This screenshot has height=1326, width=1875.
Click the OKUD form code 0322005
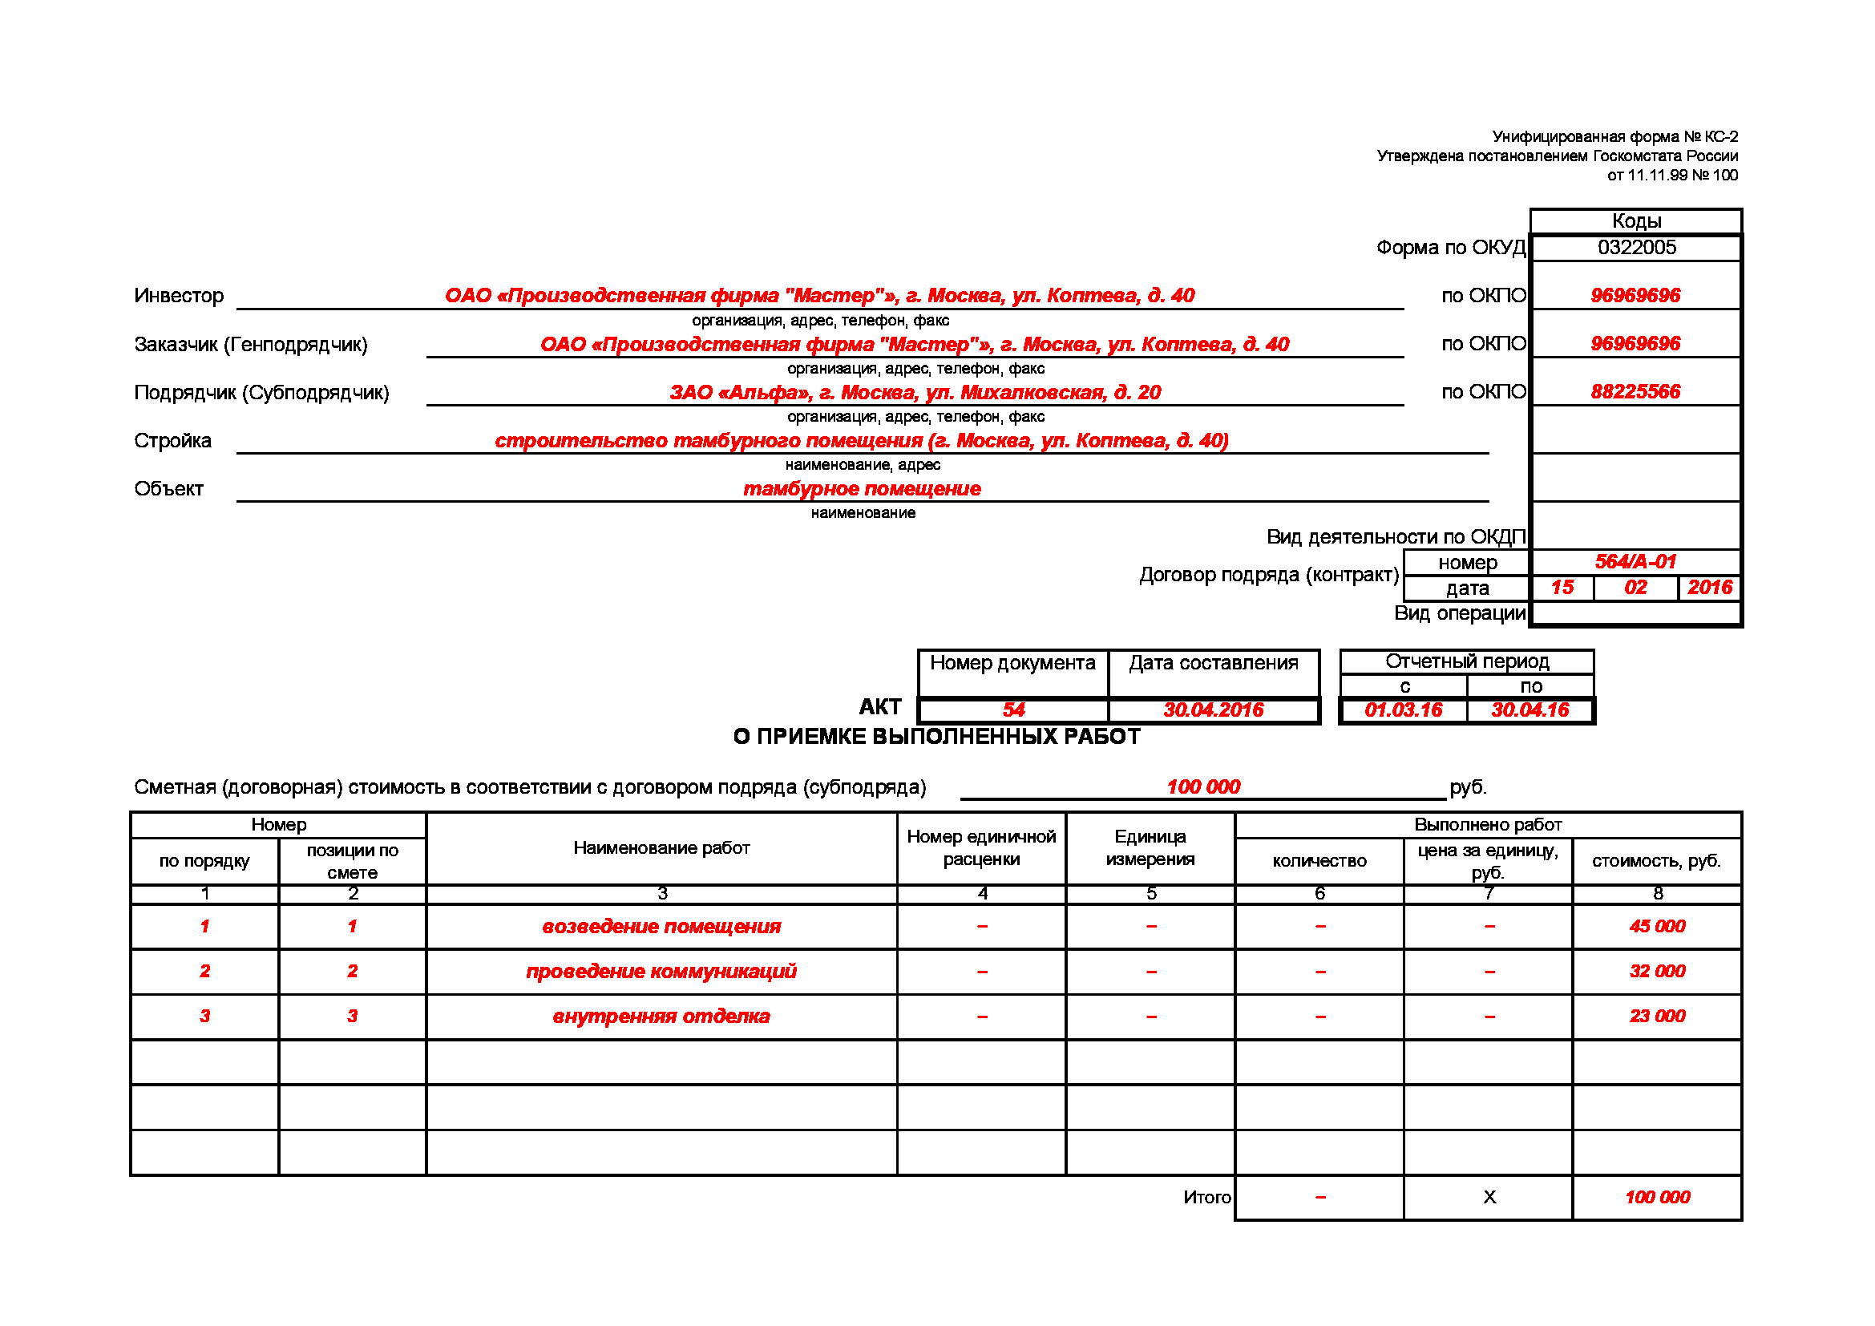[1636, 248]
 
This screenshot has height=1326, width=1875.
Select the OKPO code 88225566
[1635, 392]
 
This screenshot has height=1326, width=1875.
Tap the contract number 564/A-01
[1635, 562]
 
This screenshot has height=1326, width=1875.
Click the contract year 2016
[1709, 588]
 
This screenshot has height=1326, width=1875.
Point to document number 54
[1013, 709]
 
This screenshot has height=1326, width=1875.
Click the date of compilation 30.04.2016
[1213, 709]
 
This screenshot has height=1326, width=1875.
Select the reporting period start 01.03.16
[1403, 709]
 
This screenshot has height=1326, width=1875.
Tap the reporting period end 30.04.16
[1529, 709]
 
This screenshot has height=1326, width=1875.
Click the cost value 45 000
[1657, 926]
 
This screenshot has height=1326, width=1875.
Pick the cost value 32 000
[1657, 971]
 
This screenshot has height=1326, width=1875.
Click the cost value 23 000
[1657, 1016]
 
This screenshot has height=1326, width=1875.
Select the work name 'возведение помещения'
[661, 927]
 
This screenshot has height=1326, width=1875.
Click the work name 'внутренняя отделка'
[661, 1017]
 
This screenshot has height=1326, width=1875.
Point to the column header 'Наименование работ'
[661, 847]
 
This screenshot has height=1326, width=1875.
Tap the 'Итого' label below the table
[1206, 1197]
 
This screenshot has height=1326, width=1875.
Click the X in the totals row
[1489, 1197]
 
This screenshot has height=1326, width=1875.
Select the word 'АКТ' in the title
[879, 706]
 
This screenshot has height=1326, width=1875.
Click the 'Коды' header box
[1636, 221]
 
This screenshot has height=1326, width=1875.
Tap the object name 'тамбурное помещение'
[862, 488]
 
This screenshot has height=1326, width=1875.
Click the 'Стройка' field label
[172, 441]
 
